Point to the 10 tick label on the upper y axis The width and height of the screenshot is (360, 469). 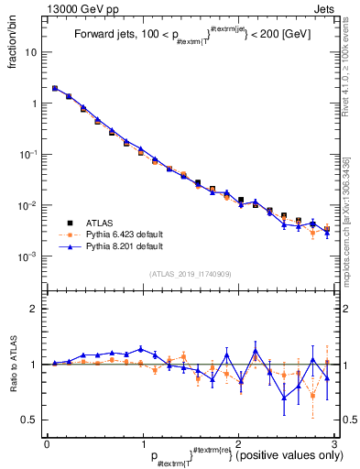tap(32, 52)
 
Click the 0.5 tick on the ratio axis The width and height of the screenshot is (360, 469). tap(30, 420)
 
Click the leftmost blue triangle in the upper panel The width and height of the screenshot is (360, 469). tap(55, 89)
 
